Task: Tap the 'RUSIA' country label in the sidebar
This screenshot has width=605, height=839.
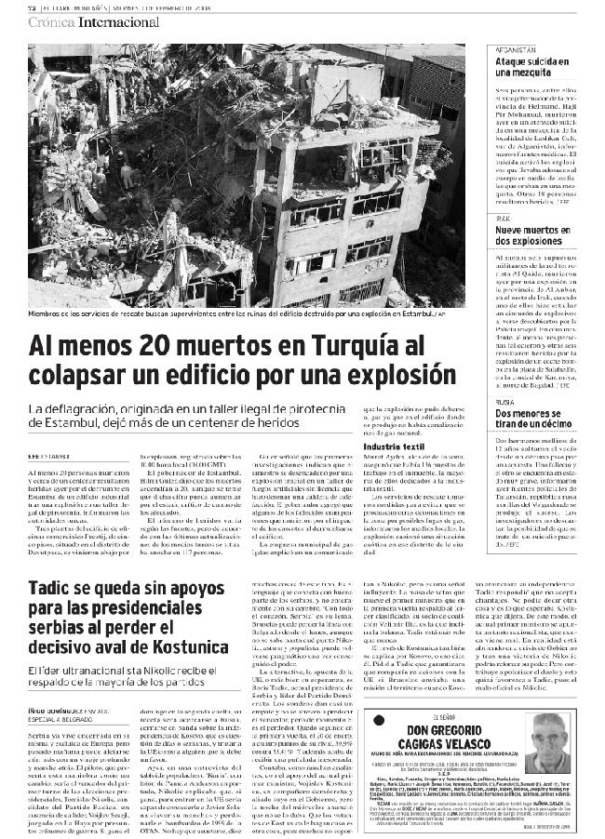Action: (x=506, y=402)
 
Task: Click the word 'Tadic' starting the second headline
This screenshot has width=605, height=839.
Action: (x=54, y=589)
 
